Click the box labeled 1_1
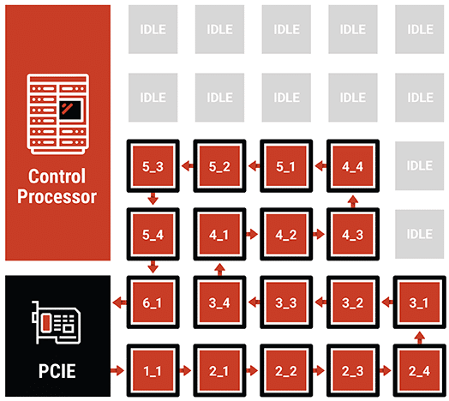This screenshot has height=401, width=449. [x=153, y=370]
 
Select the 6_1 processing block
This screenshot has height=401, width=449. [x=153, y=302]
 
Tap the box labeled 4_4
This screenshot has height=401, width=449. [x=353, y=166]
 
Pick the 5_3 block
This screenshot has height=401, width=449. [x=153, y=166]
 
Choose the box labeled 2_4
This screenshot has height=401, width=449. [x=420, y=370]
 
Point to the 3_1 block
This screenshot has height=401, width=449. [x=420, y=302]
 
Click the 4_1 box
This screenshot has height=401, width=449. [x=219, y=234]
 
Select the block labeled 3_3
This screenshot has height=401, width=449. [x=286, y=302]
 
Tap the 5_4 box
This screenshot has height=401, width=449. [x=153, y=234]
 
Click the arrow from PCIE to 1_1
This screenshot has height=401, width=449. [x=117, y=371]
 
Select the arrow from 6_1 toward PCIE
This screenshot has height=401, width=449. [x=120, y=302]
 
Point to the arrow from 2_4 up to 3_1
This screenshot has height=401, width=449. [x=420, y=338]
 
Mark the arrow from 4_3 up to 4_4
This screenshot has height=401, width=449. [x=353, y=201]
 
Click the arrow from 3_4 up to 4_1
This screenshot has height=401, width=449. [x=219, y=270]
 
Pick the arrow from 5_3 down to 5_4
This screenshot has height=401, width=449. [x=153, y=199]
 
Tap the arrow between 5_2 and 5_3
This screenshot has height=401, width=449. [x=188, y=166]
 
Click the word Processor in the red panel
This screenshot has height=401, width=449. [x=57, y=197]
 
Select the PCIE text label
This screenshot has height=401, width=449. [x=57, y=371]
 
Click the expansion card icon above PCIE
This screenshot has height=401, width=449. [x=57, y=322]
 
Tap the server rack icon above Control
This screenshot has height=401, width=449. [x=58, y=114]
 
